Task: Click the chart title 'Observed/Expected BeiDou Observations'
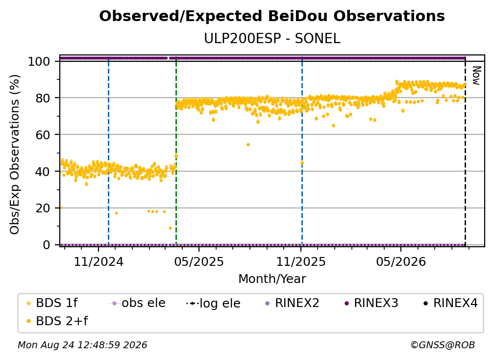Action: [x=272, y=16]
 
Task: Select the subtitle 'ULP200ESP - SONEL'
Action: [x=272, y=39]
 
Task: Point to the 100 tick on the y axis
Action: [x=39, y=61]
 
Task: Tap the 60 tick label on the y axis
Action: [x=43, y=134]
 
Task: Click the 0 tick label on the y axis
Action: [x=47, y=245]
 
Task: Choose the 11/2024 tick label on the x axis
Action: [x=99, y=261]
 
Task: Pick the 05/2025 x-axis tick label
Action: [x=199, y=261]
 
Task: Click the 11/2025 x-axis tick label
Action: [x=301, y=261]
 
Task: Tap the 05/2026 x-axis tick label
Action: [x=401, y=261]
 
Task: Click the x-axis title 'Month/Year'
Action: [x=272, y=279]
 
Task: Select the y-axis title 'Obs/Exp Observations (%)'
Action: [x=15, y=154]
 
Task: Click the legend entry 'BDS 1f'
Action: [x=52, y=303]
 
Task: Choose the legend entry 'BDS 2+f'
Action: [x=57, y=321]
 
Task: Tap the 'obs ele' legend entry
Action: [x=137, y=303]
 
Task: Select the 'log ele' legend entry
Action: [x=213, y=303]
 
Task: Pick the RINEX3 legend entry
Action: [x=371, y=303]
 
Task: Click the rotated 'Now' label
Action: [x=476, y=76]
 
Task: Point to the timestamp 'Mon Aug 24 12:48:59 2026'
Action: [x=82, y=345]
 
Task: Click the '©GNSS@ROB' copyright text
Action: [x=443, y=345]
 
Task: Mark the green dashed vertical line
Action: [x=176, y=151]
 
